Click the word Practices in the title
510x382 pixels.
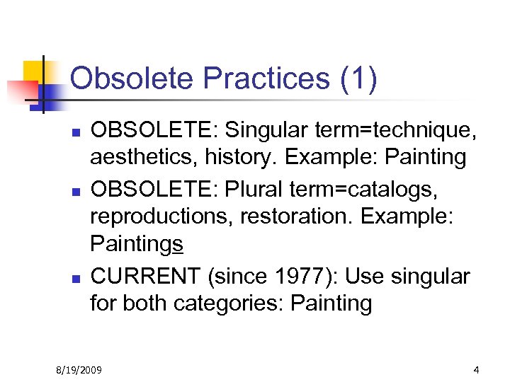(x=250, y=79)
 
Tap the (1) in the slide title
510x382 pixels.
(x=358, y=79)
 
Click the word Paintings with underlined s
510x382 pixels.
(x=137, y=244)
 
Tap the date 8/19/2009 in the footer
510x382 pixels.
(x=80, y=369)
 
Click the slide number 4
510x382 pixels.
(x=477, y=369)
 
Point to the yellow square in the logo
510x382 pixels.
(x=35, y=71)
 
